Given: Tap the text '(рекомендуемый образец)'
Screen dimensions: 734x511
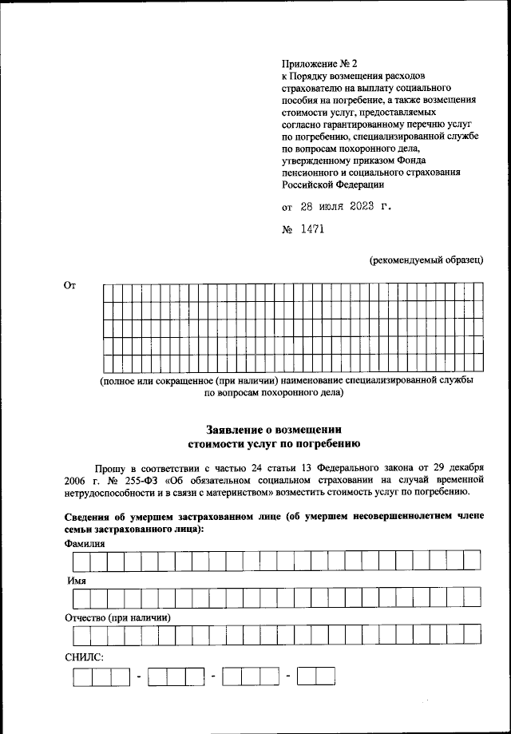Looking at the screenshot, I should (426, 260).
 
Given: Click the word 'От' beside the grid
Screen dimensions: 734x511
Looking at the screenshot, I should (69, 285).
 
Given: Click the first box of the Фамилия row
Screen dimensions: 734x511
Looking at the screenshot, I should (81, 561).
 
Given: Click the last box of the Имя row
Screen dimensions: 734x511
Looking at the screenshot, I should (471, 597).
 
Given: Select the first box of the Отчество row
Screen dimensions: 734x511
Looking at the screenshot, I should (81, 635).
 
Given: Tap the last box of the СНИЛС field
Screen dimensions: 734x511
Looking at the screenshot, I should (326, 677).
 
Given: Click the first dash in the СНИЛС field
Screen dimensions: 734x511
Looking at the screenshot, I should (138, 678).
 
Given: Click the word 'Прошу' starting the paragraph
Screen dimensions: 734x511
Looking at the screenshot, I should (109, 466).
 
